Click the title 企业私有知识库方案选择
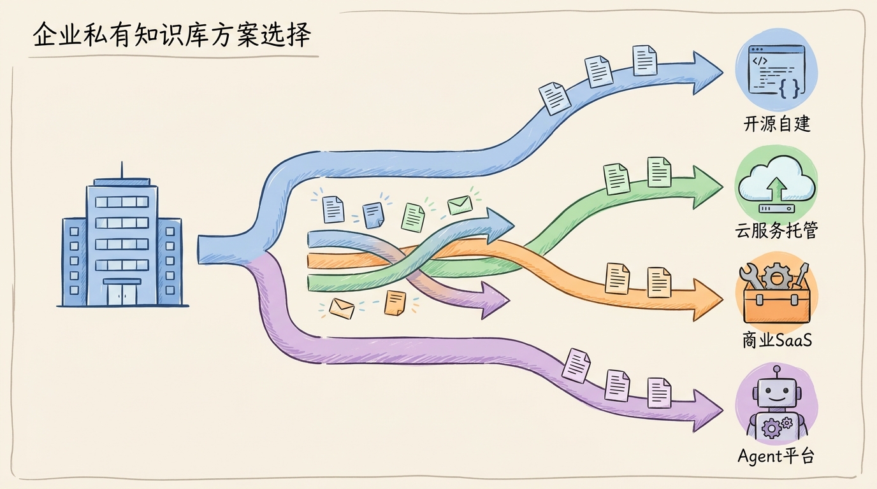pos(171,35)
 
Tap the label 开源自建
pos(777,124)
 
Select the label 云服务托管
pos(776,230)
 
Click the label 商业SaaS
pos(777,340)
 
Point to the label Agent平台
pos(776,456)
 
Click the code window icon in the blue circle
pos(777,71)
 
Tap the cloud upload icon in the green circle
pos(777,184)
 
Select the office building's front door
pos(122,294)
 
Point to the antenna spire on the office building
pos(122,170)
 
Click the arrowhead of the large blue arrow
pos(707,73)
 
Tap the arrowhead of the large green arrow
pos(707,187)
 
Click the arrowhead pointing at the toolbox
pos(707,300)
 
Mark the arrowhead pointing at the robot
pos(707,411)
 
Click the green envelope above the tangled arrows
pos(460,205)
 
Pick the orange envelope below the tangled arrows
pos(342,309)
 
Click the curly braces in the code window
pos(789,88)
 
